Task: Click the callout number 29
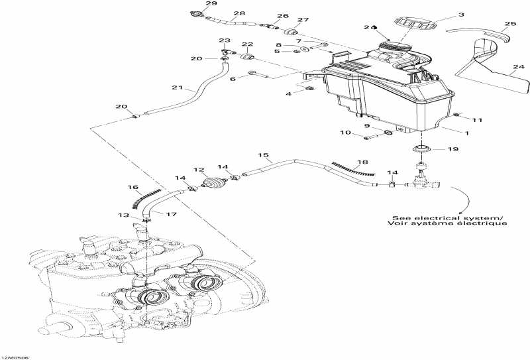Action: (193, 4)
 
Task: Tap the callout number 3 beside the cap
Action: (461, 14)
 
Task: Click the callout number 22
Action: (248, 45)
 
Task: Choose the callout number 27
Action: (303, 21)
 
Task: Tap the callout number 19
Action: (452, 150)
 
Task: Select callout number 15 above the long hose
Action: (264, 156)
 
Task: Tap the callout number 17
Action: (171, 214)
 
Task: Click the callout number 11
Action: (478, 119)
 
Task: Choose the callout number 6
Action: (233, 79)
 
